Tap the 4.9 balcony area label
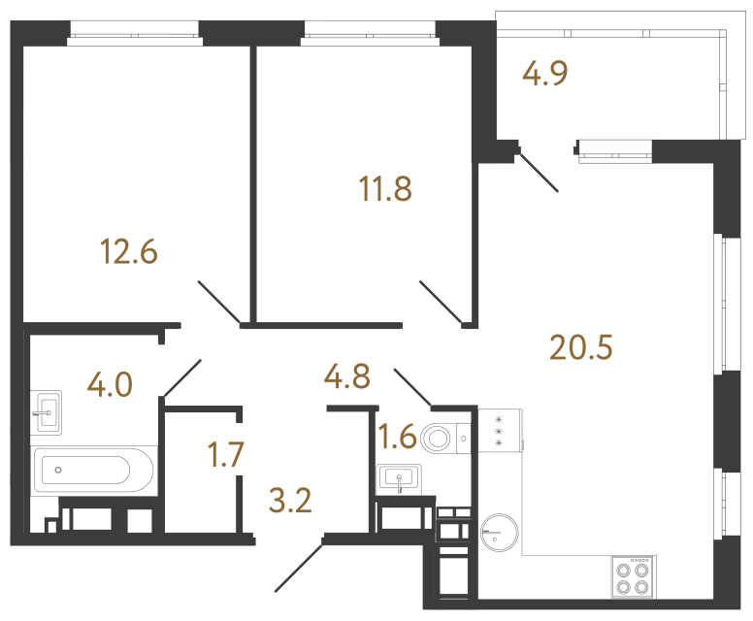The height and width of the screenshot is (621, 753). click(x=544, y=74)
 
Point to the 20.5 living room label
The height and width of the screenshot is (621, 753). click(x=582, y=344)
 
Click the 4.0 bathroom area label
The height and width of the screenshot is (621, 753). click(x=109, y=385)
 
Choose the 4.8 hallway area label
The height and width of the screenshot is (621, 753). click(x=347, y=376)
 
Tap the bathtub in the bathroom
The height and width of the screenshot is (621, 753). click(x=94, y=472)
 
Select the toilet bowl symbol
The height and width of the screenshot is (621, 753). click(x=444, y=439)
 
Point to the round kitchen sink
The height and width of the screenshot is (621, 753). click(x=500, y=532)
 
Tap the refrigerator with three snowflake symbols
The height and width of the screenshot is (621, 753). click(x=499, y=429)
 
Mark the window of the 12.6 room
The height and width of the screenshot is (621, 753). click(x=135, y=40)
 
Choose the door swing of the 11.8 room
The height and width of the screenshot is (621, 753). click(x=442, y=301)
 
